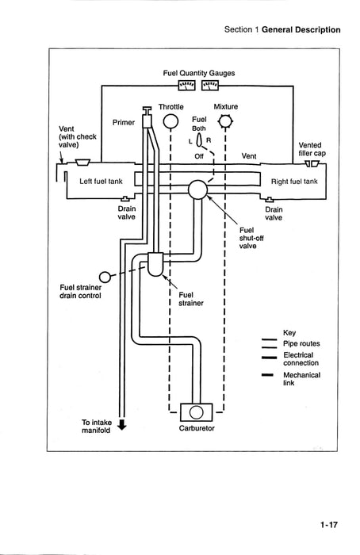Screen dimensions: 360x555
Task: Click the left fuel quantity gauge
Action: point(186,86)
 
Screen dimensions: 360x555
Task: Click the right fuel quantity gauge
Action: point(210,86)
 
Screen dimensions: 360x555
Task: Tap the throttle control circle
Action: point(170,121)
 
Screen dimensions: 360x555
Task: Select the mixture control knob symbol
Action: point(225,122)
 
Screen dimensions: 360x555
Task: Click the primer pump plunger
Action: point(147,117)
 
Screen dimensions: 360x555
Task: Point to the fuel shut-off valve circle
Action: point(197,189)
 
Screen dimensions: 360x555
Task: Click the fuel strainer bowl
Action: point(155,264)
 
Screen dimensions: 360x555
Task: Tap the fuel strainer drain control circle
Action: point(105,277)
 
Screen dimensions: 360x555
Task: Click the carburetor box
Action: point(197,412)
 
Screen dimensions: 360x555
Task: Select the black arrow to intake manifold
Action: point(122,425)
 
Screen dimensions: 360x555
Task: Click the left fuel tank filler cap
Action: point(82,162)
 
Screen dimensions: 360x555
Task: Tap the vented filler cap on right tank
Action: point(312,163)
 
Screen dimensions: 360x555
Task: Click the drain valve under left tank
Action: point(125,198)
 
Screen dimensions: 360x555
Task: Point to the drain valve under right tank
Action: point(270,200)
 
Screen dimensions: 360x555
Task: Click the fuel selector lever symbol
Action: point(199,140)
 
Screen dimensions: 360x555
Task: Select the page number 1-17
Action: point(329,525)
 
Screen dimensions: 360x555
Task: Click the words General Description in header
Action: point(301,30)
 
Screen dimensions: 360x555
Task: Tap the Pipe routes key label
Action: point(301,343)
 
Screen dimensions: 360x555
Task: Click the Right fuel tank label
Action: point(294,182)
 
